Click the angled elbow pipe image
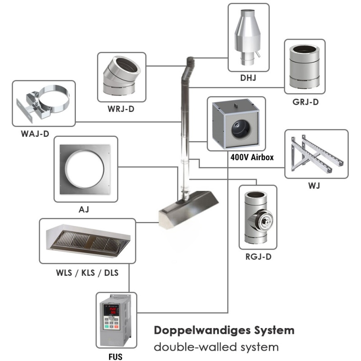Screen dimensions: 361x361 tap(120, 77)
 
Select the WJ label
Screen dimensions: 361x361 tap(316, 185)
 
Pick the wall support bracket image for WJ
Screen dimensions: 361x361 tap(316, 153)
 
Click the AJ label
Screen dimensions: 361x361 tap(82, 209)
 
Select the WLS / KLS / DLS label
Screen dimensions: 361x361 tap(88, 272)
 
